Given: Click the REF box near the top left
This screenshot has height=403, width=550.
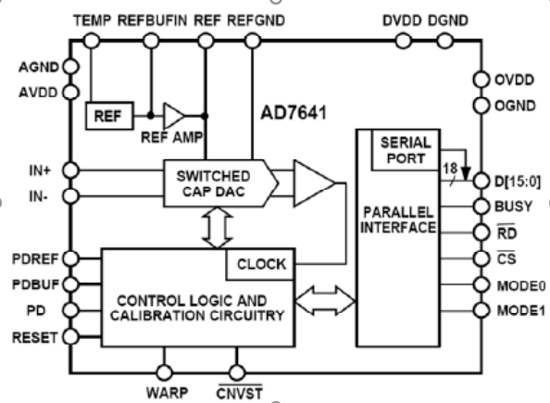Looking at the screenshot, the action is (x=109, y=116).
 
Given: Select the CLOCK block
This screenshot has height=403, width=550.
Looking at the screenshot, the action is (x=260, y=264).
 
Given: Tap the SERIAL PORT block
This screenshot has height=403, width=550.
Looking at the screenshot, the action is (x=406, y=150).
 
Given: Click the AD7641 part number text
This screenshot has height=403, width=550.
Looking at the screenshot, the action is (x=294, y=113).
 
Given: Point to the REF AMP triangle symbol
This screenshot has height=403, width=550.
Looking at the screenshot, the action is (x=173, y=116).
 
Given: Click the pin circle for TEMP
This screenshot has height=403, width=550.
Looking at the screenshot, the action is (x=92, y=41).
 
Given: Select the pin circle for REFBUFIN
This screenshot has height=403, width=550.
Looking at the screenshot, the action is (x=151, y=41).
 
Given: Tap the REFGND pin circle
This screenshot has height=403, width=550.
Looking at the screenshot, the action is (x=252, y=41).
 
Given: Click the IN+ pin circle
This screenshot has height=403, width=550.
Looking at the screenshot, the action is (x=71, y=170).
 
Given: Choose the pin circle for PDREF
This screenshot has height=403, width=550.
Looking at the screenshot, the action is (x=71, y=258).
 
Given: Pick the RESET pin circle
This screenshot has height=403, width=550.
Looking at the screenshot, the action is (x=71, y=336).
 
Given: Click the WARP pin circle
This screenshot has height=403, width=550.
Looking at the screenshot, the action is (x=164, y=372).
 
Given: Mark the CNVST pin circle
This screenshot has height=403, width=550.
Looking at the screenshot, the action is (x=237, y=372).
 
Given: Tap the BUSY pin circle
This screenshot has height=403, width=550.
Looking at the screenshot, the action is (x=481, y=207).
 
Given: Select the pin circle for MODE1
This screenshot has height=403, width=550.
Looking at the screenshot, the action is (x=481, y=310).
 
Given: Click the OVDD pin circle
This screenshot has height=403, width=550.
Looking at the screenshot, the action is (x=481, y=80).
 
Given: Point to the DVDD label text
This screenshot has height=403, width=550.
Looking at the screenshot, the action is (x=402, y=20).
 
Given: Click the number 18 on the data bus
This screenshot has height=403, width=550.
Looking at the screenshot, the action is (x=450, y=169).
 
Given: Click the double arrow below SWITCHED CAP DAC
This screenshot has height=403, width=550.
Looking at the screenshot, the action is (x=218, y=228).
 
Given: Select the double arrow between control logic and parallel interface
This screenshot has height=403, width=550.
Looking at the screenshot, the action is (x=326, y=300).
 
